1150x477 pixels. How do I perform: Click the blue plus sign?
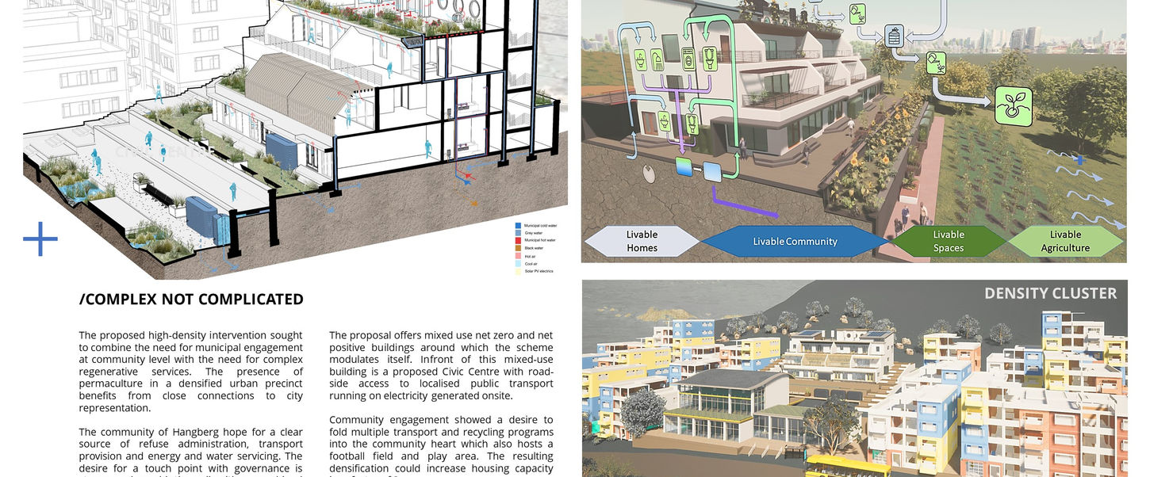click(40, 239)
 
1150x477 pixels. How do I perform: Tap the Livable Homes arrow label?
click(642, 241)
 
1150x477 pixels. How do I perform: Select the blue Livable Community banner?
click(795, 242)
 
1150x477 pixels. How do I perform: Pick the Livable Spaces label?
click(948, 241)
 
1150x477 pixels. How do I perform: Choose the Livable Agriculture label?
click(1065, 241)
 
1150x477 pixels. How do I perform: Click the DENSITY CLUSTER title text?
click(1050, 293)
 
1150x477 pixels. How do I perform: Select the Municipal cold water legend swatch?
click(518, 226)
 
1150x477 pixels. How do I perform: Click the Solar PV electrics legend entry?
click(537, 271)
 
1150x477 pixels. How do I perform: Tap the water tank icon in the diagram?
click(894, 36)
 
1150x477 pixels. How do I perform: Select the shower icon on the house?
click(657, 59)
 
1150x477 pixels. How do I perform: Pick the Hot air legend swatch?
click(518, 256)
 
